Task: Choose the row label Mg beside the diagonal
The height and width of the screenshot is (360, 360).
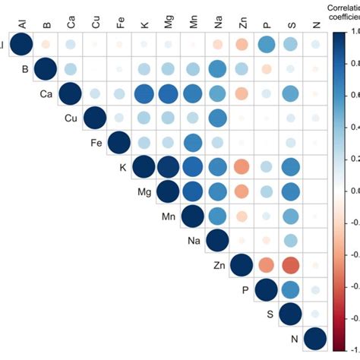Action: coord(144,193)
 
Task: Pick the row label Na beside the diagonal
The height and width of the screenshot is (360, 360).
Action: coord(194,242)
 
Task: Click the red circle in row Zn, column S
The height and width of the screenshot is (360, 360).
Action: coord(291,266)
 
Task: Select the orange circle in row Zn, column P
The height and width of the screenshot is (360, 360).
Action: coord(266,266)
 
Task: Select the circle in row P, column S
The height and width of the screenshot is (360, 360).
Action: coord(291,291)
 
